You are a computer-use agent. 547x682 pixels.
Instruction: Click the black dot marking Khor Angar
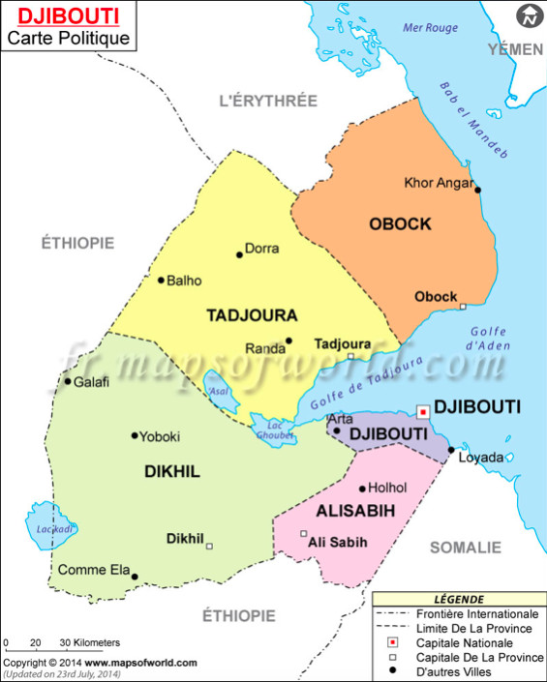[x=478, y=190]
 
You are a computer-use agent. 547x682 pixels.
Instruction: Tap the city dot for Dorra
[x=239, y=255]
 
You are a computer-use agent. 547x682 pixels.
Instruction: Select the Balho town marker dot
[x=161, y=281]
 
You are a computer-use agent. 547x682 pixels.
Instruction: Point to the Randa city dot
[x=289, y=341]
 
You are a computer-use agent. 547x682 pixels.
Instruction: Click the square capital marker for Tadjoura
[x=351, y=356]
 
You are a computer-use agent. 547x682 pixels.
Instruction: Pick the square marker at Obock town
[x=463, y=307]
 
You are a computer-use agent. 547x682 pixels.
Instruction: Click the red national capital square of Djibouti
[x=422, y=411]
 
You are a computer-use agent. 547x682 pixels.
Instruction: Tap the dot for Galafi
[x=68, y=381]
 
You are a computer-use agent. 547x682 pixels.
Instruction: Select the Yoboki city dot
[x=135, y=435]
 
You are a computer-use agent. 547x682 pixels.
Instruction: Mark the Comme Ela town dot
[x=135, y=578]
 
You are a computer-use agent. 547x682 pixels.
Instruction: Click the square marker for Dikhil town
[x=209, y=547]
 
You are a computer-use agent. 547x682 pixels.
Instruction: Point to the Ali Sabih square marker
[x=303, y=534]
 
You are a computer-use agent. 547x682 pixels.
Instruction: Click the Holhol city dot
[x=362, y=489]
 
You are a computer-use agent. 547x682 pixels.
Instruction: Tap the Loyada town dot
[x=451, y=450]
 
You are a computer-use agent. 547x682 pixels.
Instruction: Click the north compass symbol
[x=529, y=16]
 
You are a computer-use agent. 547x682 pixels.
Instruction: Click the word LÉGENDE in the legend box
[x=459, y=600]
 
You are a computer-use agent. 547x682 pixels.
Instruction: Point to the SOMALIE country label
[x=466, y=548]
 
